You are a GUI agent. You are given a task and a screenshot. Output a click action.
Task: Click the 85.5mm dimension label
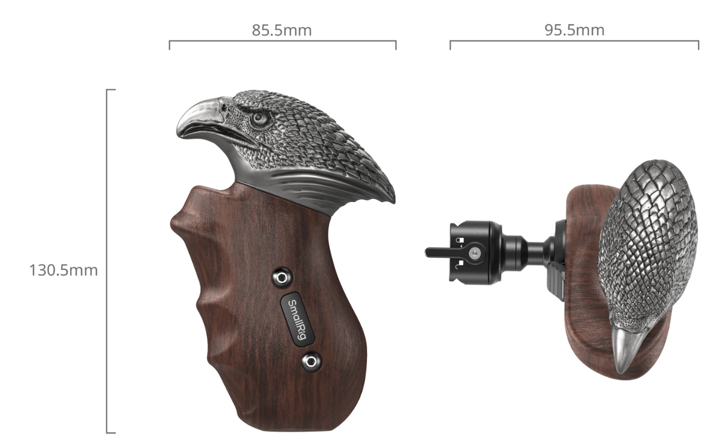coord(282,30)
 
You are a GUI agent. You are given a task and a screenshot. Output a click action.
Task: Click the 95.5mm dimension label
coord(575,30)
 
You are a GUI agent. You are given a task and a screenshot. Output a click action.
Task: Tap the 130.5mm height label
coord(63,270)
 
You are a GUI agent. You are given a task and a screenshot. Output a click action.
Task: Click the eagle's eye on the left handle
coord(260,118)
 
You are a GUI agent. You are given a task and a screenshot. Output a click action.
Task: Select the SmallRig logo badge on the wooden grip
coord(298,320)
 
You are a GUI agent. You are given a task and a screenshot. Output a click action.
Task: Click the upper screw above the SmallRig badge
coord(282,277)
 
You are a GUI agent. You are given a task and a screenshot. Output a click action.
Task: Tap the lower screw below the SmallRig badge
coord(311,362)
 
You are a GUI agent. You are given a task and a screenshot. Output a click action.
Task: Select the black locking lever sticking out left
coord(438,252)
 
